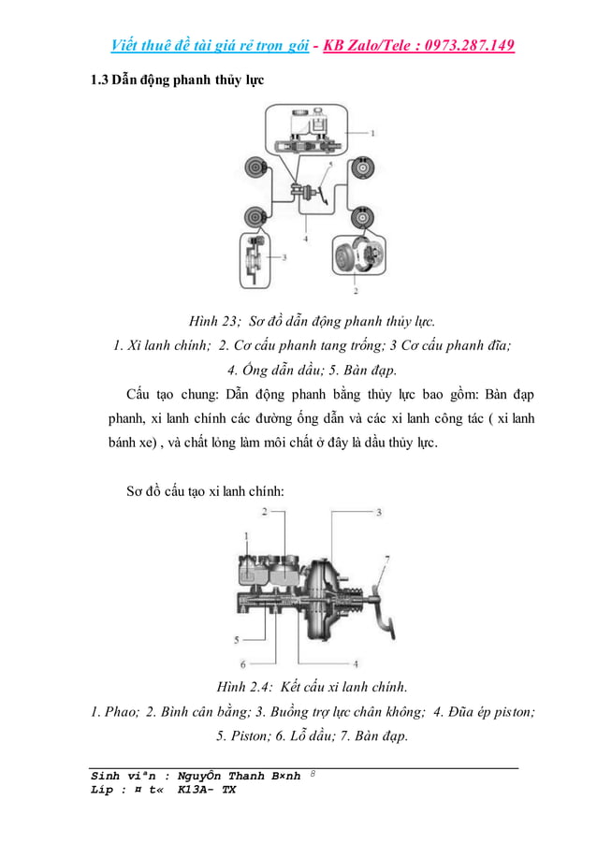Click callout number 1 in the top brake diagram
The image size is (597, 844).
tap(372, 133)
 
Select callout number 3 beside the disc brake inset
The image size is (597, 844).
tap(284, 255)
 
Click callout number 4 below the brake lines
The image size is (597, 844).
tap(306, 239)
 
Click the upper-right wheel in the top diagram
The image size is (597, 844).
tap(362, 168)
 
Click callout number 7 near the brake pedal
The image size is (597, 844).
tap(386, 559)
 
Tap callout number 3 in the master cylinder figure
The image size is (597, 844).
tap(379, 513)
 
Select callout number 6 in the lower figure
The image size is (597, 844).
tap(242, 664)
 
